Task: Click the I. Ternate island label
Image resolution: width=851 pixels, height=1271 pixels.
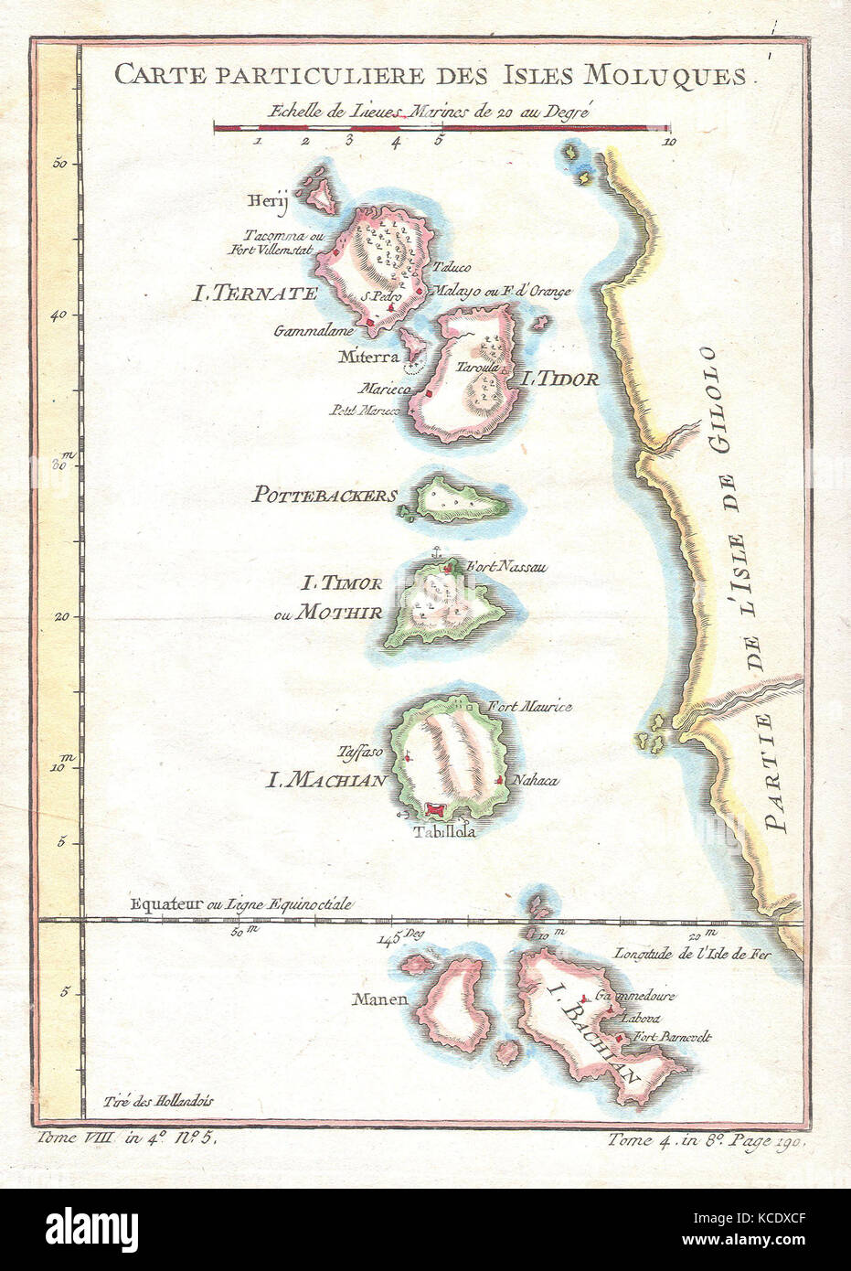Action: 254,294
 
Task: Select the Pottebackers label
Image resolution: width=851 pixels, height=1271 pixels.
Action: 324,496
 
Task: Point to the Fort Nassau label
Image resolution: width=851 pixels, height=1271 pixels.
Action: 505,568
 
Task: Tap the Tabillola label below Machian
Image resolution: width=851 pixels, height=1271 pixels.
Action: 444,832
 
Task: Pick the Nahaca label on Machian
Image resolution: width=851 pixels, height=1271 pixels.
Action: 535,781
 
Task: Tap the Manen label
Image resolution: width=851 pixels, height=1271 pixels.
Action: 382,999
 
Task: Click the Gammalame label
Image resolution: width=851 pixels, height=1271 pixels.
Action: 313,332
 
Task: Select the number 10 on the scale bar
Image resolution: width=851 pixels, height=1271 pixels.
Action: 669,142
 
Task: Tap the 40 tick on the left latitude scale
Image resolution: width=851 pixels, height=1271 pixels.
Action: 61,315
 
